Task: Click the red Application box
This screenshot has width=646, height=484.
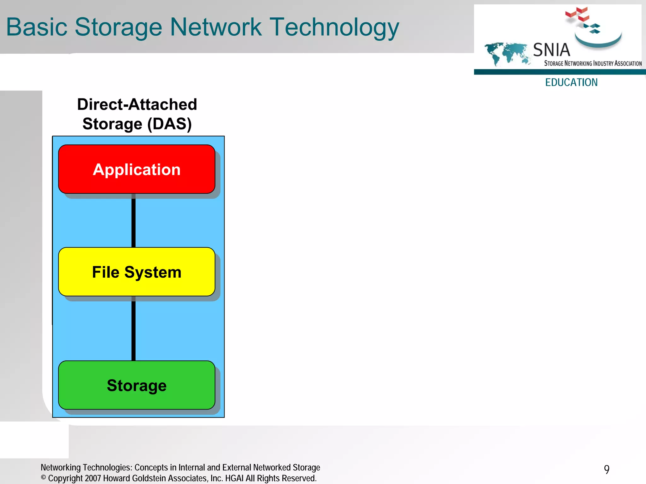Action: pos(137,169)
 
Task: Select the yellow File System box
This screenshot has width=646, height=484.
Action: pos(137,272)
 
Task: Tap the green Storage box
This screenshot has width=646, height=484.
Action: pos(137,385)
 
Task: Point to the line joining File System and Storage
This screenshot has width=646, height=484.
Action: pos(133,330)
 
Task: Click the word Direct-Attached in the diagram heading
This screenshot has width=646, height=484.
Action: pos(137,104)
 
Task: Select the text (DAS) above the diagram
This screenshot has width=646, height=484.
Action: pos(169,124)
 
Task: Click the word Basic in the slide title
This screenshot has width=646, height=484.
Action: pos(37,27)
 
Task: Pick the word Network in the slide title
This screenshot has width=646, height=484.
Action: pos(216,27)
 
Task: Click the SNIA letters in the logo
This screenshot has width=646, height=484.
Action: pos(551,50)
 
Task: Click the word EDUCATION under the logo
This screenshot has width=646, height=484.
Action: pos(571,82)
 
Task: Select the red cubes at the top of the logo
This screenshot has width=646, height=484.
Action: pos(577,15)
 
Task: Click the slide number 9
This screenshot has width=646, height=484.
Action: pos(607,469)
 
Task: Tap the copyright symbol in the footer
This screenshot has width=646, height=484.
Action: pos(44,478)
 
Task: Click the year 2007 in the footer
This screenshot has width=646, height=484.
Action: pos(93,478)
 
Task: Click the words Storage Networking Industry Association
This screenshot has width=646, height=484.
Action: pos(593,63)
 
